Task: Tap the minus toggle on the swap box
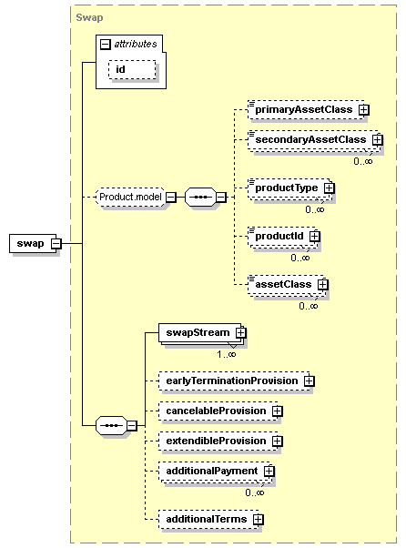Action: [56, 243]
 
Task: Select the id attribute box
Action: [132, 69]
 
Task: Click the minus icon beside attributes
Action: [106, 45]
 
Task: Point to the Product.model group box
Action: [130, 198]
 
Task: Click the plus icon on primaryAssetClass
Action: [364, 110]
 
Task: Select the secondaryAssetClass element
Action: [313, 140]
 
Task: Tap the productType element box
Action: [289, 188]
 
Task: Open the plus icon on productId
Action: [314, 237]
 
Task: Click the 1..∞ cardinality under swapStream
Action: [227, 354]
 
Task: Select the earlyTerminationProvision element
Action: [235, 381]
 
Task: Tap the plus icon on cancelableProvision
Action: [277, 411]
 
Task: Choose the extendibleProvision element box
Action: [218, 441]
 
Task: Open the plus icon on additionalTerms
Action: [258, 520]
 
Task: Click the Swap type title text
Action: [89, 17]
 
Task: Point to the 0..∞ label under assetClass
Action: [309, 306]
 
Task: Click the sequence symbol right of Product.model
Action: [200, 198]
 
